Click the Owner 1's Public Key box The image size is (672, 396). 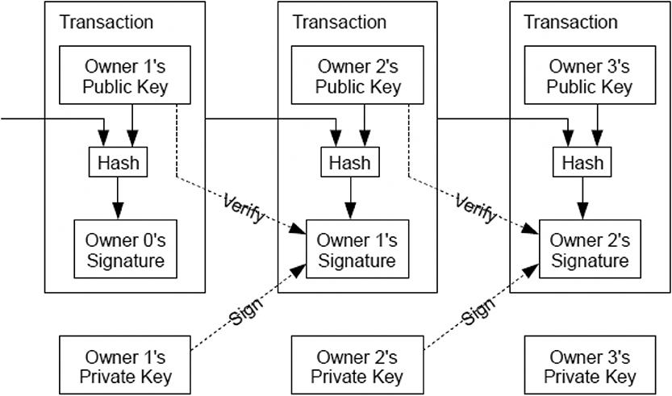(x=125, y=75)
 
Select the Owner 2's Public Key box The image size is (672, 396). (x=357, y=75)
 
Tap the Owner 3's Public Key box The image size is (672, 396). (x=591, y=75)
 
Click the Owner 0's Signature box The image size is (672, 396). (x=126, y=249)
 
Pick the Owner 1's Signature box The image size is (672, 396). (x=357, y=249)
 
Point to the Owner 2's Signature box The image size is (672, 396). (x=591, y=249)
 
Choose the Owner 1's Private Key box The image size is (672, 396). (x=125, y=365)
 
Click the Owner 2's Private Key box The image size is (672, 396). (x=357, y=365)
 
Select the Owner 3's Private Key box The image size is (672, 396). (x=591, y=365)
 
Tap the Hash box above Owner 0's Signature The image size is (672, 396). (x=119, y=162)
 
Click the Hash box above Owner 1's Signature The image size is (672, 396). (x=350, y=162)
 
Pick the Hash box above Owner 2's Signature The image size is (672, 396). (x=582, y=162)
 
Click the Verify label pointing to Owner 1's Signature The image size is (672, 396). (x=244, y=208)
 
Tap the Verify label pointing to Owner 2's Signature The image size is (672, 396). (x=476, y=208)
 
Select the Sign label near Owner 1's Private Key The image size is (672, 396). (x=246, y=311)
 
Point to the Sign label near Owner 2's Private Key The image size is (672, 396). (x=478, y=311)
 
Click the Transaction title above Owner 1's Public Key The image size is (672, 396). (x=106, y=22)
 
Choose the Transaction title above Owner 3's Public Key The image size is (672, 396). (x=571, y=22)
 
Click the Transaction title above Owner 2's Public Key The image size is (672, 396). (x=339, y=22)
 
